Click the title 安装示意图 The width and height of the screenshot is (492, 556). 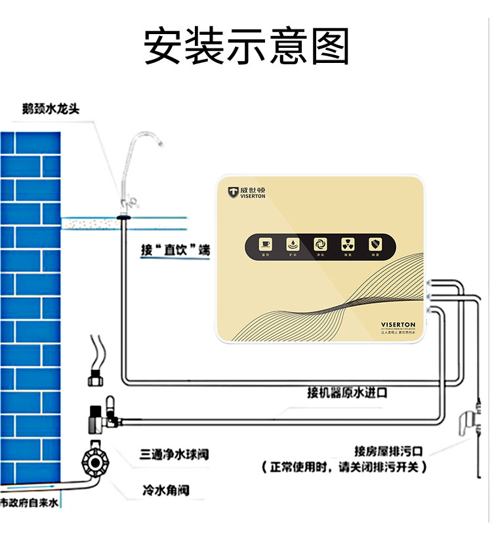coord(246,45)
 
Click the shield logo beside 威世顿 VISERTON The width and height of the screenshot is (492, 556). coord(233,191)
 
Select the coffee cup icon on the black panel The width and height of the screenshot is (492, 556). coord(266,243)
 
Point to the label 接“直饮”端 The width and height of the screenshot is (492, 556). coord(175,250)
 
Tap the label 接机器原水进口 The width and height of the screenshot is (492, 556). coord(347,393)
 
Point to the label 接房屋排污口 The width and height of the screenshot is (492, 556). coord(388,451)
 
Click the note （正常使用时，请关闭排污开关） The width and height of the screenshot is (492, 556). coord(344,467)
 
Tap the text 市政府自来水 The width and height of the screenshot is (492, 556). coord(29,503)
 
